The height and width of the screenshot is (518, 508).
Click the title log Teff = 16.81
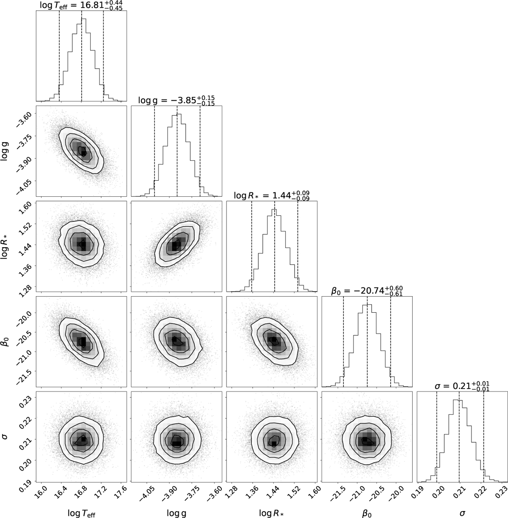pos(81,6)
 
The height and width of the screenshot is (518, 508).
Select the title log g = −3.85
pos(177,100)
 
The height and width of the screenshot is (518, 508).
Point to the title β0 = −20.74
pos(367,290)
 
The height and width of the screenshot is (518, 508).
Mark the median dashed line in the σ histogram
pos(459,436)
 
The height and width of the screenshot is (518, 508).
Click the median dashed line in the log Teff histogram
pos(82,55)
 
